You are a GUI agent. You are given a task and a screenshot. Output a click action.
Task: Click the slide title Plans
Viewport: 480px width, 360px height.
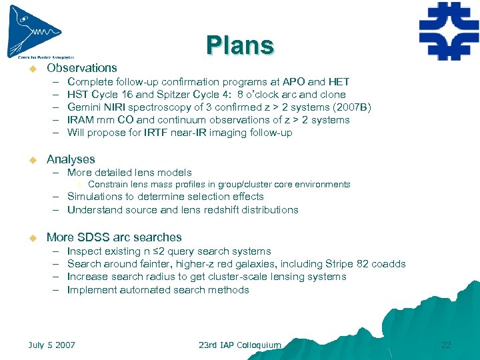tap(240, 45)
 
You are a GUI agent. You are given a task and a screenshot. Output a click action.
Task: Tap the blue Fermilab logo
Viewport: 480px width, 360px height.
tap(449, 31)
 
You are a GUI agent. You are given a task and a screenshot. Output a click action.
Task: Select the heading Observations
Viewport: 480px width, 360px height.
tap(81, 68)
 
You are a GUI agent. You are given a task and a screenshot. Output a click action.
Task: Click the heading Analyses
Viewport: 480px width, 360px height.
tap(71, 159)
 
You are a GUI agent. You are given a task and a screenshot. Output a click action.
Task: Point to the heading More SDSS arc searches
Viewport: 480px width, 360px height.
tap(113, 237)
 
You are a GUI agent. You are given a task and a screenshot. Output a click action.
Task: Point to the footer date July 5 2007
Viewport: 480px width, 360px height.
tap(52, 345)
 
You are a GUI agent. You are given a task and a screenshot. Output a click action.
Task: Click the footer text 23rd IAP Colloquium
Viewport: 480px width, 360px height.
tap(240, 345)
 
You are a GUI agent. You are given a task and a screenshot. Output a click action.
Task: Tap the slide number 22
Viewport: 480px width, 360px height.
tap(446, 345)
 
